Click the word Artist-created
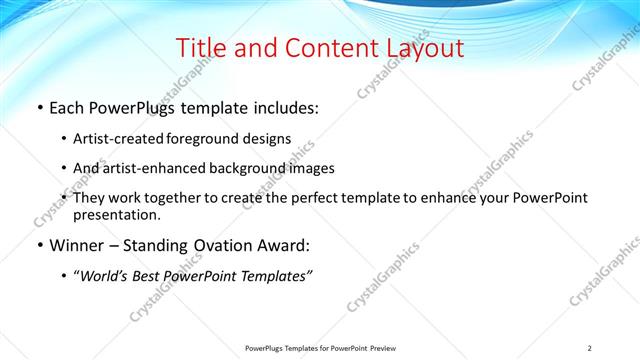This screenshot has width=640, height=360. [117, 139]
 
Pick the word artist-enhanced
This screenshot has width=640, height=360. [150, 168]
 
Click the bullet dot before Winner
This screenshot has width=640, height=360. [38, 245]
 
